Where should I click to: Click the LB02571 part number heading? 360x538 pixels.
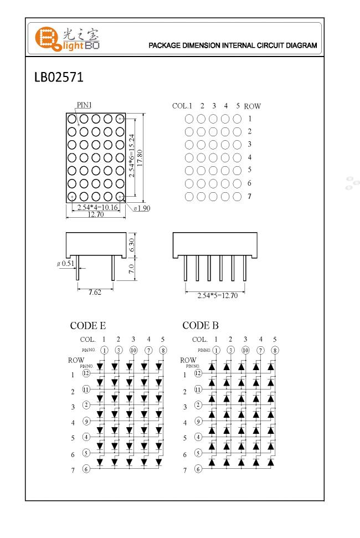click(59, 77)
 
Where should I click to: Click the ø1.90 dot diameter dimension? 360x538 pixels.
click(142, 208)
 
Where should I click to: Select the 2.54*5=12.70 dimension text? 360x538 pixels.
click(218, 295)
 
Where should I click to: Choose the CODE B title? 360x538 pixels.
click(200, 325)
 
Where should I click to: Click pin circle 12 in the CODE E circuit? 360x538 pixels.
click(86, 373)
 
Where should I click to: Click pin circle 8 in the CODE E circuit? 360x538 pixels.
click(163, 350)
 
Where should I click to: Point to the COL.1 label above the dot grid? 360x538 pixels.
click(182, 106)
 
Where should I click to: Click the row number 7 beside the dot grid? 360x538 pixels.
click(250, 196)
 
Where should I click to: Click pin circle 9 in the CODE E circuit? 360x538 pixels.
click(86, 422)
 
